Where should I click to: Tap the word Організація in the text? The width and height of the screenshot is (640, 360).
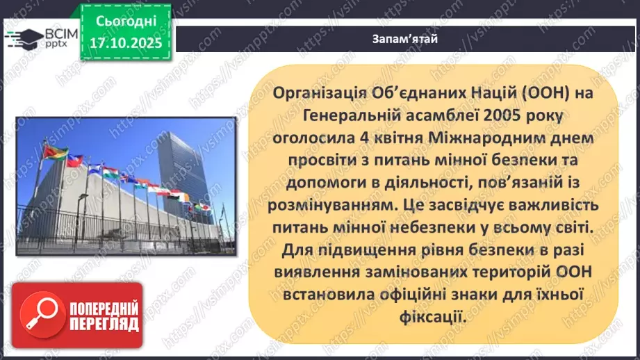click(x=317, y=92)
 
